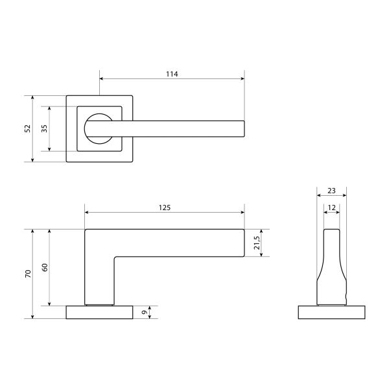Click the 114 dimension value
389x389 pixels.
click(x=172, y=74)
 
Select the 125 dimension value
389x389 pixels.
click(x=165, y=207)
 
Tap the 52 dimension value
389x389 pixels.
click(x=28, y=128)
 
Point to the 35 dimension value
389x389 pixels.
click(x=44, y=128)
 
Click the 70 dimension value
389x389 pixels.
click(x=28, y=274)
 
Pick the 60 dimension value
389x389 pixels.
click(x=45, y=267)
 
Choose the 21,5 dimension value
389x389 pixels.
click(x=257, y=243)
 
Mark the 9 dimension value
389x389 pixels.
click(x=145, y=312)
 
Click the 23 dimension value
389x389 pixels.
click(x=331, y=191)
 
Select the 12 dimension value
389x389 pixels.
click(x=332, y=207)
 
